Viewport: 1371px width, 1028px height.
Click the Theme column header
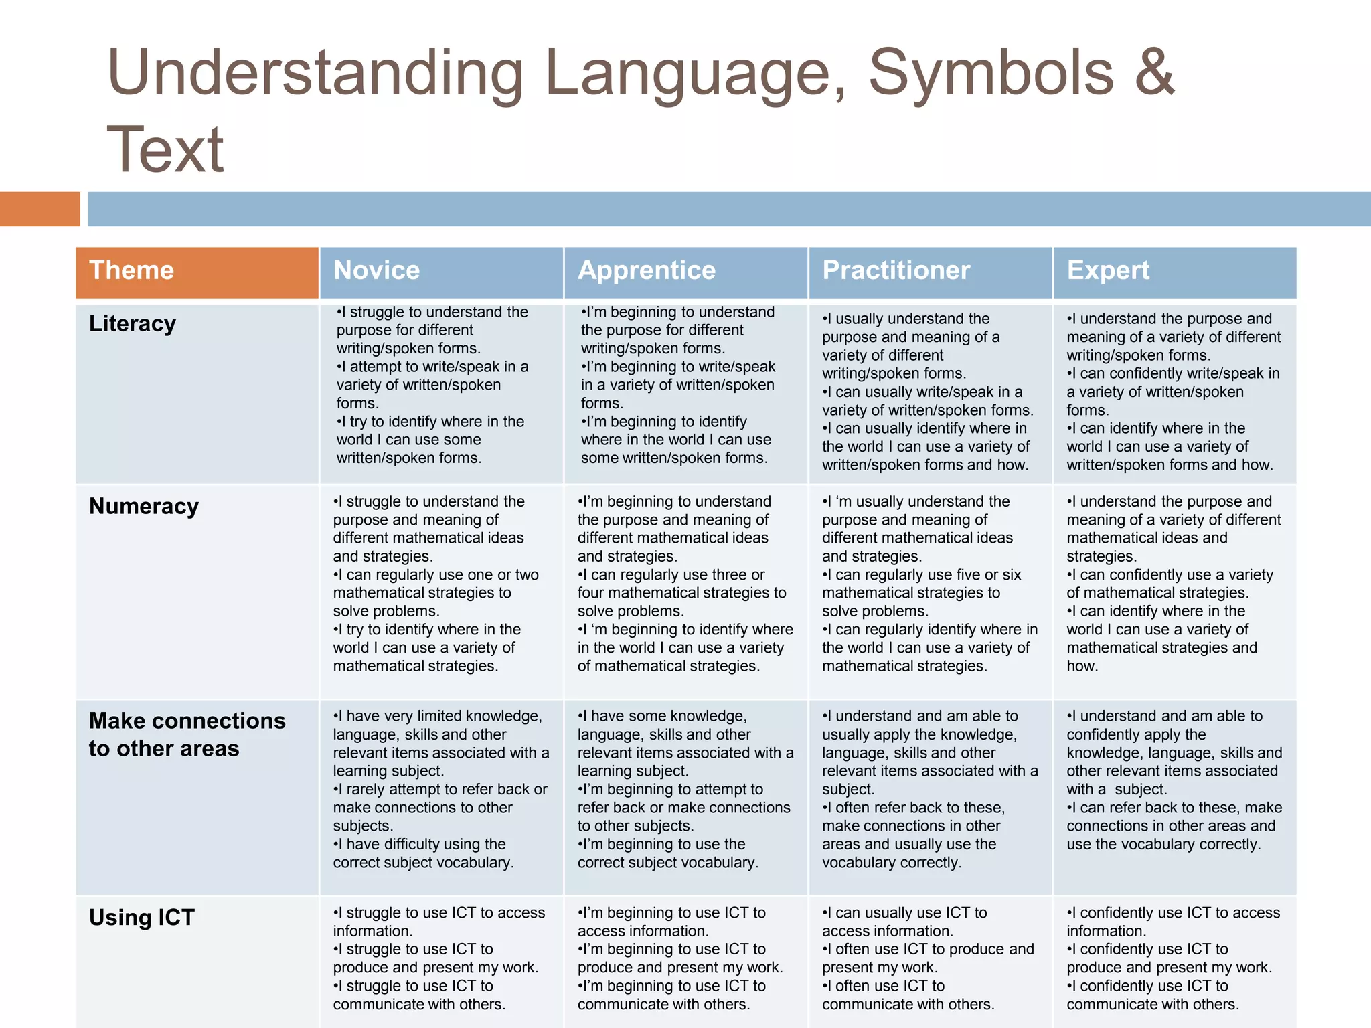(x=131, y=270)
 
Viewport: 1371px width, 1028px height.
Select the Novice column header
(x=376, y=270)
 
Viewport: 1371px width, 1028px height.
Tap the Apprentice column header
(x=647, y=270)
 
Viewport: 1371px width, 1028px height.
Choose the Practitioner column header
(x=896, y=270)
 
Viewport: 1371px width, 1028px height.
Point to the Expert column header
(x=1108, y=270)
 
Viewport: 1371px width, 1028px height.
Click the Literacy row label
(x=133, y=323)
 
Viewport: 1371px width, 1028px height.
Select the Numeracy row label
(x=144, y=506)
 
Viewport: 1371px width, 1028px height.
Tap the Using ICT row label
(x=142, y=917)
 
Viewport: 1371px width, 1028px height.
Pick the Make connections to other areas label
(x=187, y=734)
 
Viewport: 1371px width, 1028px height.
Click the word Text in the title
(x=165, y=150)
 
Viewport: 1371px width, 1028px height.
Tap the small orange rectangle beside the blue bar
(x=39, y=209)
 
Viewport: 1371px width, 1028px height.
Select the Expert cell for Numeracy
(x=1174, y=584)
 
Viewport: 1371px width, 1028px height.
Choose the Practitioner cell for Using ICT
(x=930, y=958)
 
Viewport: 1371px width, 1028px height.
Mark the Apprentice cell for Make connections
(x=685, y=789)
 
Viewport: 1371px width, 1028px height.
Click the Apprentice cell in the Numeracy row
(x=685, y=584)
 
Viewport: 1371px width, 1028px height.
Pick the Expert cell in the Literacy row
(x=1174, y=392)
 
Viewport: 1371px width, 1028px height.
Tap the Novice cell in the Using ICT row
(x=440, y=958)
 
